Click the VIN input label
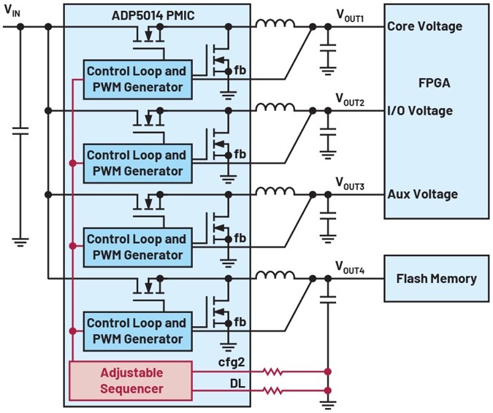click(12, 10)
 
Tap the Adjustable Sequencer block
click(131, 380)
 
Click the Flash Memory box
click(436, 278)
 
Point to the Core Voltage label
click(424, 26)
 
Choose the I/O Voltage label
click(420, 111)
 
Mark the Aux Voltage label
click(422, 194)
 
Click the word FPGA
click(435, 83)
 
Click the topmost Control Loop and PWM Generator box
click(135, 80)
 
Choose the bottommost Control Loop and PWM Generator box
click(135, 331)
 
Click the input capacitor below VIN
click(20, 131)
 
